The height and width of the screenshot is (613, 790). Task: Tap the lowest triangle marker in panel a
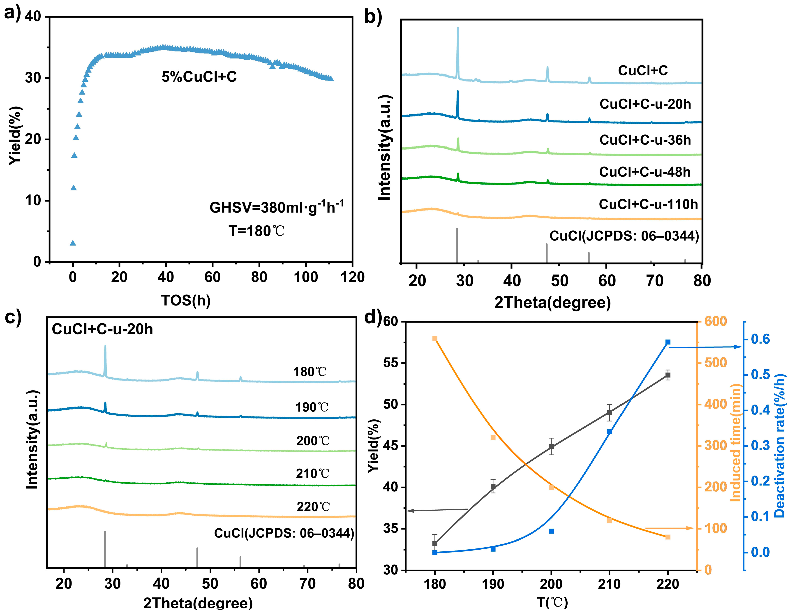(x=73, y=243)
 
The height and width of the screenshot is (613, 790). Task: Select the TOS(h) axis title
(x=186, y=300)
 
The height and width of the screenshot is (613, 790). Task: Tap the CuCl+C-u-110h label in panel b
(x=648, y=204)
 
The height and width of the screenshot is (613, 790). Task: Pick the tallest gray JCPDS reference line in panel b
(x=457, y=244)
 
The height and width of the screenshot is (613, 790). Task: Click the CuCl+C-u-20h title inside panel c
(x=102, y=329)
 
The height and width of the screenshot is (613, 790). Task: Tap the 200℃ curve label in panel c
(x=313, y=441)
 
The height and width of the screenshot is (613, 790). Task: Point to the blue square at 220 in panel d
(x=668, y=342)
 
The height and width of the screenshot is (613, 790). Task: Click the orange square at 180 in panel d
(x=435, y=338)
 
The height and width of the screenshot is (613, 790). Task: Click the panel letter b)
(x=373, y=16)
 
